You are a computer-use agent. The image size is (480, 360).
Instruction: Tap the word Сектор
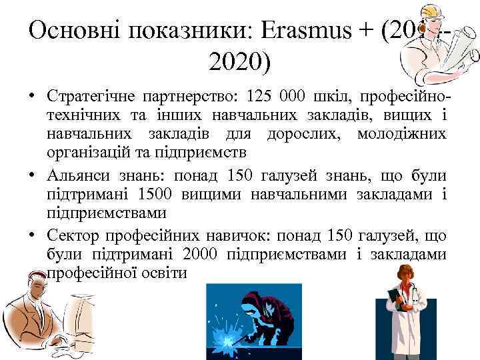point(73,235)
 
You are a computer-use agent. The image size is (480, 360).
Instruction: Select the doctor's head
point(405,274)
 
